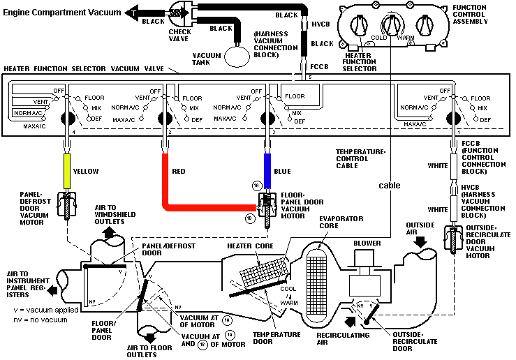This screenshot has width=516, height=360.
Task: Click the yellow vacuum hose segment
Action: pyautogui.click(x=66, y=171)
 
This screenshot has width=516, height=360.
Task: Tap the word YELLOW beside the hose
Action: pyautogui.click(x=88, y=171)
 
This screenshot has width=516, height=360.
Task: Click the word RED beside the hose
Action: pyautogui.click(x=179, y=171)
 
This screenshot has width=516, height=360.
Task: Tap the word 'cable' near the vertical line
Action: pyautogui.click(x=390, y=185)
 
